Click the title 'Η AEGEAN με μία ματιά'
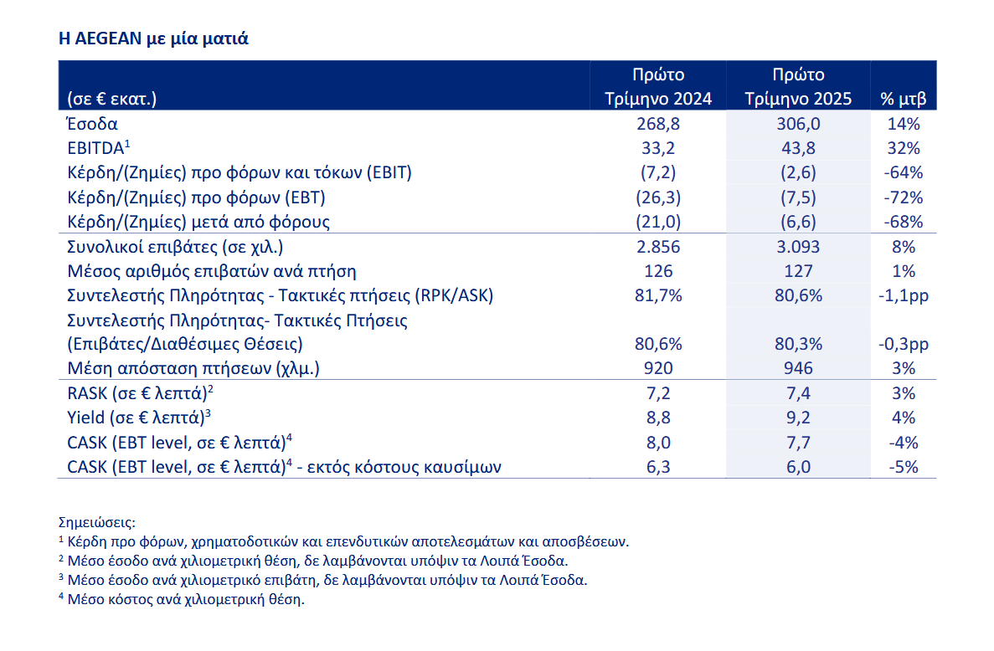(153, 38)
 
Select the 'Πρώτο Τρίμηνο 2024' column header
(658, 86)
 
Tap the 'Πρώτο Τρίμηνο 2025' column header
(798, 86)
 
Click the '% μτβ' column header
(904, 99)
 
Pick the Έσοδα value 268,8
(658, 124)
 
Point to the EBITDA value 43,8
(798, 148)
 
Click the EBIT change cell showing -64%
(904, 173)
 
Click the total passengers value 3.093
(798, 246)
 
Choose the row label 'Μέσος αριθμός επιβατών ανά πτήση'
(212, 272)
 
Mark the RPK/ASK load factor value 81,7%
(658, 295)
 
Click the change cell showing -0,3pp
(904, 345)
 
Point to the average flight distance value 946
(798, 368)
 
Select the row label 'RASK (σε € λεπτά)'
(140, 393)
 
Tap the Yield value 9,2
(798, 418)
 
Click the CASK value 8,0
(658, 443)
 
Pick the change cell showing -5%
(904, 468)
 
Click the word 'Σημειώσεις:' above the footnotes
(97, 523)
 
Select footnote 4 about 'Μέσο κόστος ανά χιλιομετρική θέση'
(182, 599)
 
